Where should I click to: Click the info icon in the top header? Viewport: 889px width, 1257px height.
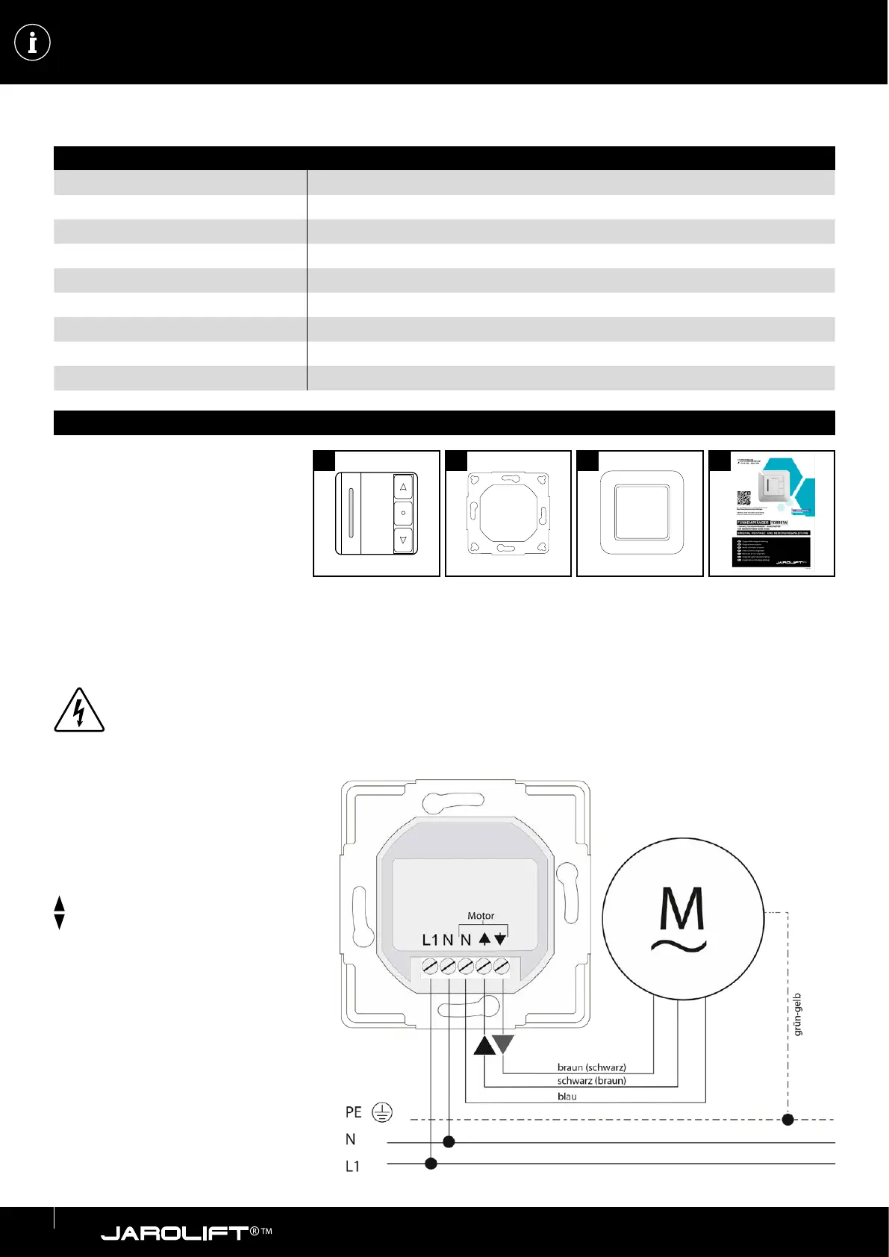tap(32, 43)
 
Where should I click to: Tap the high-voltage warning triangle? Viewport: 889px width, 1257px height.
tap(79, 711)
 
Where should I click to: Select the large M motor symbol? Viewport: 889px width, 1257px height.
tap(682, 917)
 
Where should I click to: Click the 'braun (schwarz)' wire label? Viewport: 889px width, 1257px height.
tap(591, 1067)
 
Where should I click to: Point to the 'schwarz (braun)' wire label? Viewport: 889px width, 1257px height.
tap(591, 1081)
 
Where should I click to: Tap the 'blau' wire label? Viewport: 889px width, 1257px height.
tap(567, 1097)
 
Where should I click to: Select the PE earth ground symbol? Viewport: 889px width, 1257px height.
tap(382, 1113)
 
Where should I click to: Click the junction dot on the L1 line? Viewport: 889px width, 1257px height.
tap(431, 1163)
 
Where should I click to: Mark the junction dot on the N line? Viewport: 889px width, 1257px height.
tap(449, 1142)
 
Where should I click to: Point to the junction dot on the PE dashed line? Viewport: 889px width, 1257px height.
tap(787, 1120)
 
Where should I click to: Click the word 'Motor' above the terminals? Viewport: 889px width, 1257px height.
tap(481, 916)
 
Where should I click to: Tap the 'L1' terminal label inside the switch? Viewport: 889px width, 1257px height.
tap(430, 941)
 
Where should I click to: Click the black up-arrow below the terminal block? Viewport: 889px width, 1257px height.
tap(484, 1045)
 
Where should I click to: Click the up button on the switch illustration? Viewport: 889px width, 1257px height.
tap(403, 487)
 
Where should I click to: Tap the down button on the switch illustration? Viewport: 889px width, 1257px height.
tap(403, 539)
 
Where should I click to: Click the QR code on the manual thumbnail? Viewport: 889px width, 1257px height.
tap(743, 498)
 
